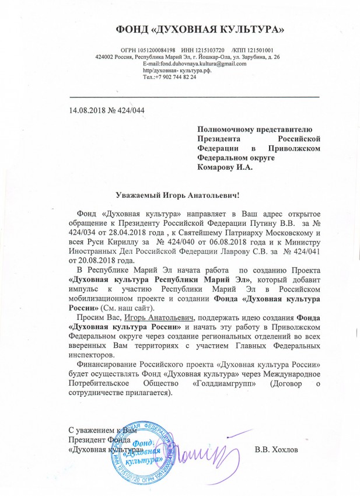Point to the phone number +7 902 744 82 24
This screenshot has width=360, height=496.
pos(175,77)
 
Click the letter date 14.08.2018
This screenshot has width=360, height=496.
pos(88,110)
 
